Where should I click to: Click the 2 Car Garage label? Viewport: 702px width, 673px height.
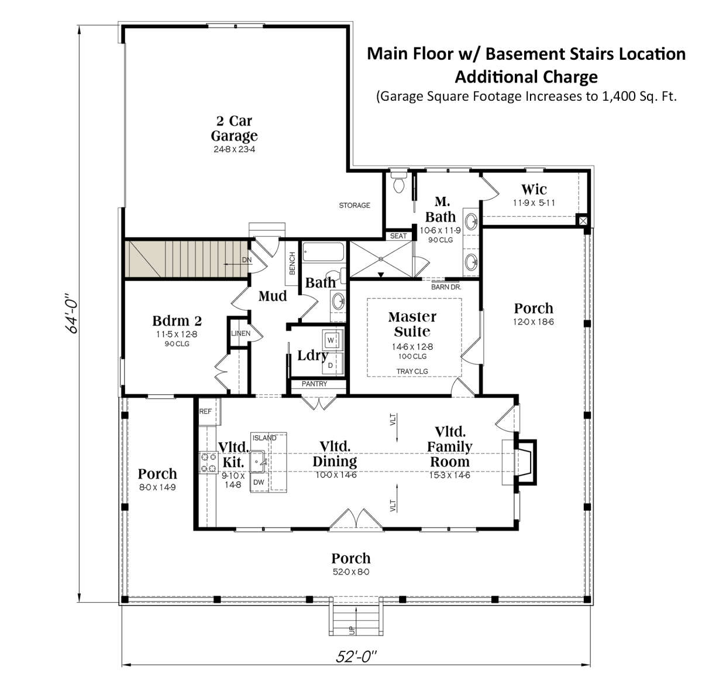[x=234, y=128]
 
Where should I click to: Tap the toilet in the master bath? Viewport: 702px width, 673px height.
[x=399, y=182]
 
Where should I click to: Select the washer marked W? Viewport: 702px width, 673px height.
[x=331, y=340]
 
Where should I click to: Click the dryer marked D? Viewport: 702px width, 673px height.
[x=331, y=365]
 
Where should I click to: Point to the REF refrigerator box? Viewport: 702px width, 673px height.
[x=209, y=411]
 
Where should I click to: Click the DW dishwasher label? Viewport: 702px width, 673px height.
[x=259, y=482]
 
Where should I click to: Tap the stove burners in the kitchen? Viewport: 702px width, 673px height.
[x=209, y=463]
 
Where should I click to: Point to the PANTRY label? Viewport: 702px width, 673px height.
[x=314, y=384]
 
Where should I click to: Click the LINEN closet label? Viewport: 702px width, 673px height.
[x=240, y=333]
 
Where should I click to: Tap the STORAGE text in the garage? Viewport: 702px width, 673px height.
[x=355, y=205]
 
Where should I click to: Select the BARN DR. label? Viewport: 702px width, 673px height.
[x=446, y=287]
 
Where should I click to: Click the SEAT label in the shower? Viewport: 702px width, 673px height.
[x=398, y=236]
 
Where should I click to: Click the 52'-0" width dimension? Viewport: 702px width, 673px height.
[x=356, y=657]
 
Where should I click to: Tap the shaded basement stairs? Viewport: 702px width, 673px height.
[x=186, y=259]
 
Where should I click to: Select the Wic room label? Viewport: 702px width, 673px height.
[x=534, y=189]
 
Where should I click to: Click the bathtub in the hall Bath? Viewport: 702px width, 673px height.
[x=324, y=251]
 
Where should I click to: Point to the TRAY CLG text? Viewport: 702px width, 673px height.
[x=412, y=371]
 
